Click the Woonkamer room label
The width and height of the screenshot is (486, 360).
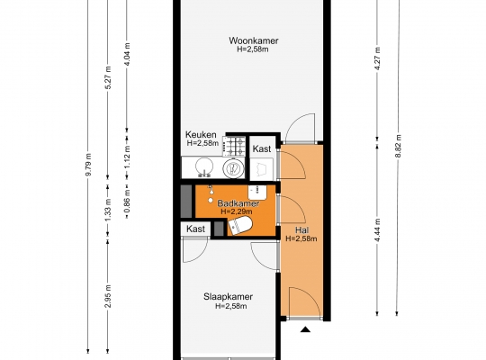coord(254,40)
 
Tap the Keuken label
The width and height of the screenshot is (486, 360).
coord(201,135)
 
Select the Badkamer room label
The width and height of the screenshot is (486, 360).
coord(238,203)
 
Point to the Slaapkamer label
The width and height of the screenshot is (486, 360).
coord(228,297)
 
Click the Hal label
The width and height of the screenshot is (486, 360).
coord(301,230)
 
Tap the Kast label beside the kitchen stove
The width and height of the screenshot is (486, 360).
coord(262,148)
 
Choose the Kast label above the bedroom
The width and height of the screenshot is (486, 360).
coord(195,229)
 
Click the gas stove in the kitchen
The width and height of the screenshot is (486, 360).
coord(234,146)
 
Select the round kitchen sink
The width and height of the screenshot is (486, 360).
coord(204,167)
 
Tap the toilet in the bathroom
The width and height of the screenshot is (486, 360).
coord(239,225)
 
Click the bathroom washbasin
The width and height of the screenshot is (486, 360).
coord(257,193)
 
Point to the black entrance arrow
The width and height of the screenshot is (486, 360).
coord(305,329)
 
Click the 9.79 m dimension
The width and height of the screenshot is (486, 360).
coord(88,165)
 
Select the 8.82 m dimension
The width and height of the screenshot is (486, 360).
coord(398,146)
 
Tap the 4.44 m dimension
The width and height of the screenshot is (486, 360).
coord(377,229)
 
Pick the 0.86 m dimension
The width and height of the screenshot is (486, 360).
coord(127,202)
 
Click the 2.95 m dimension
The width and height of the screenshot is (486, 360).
coord(108,296)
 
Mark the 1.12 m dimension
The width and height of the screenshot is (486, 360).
coord(127,157)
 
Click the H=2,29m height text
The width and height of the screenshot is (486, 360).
coord(236,211)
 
